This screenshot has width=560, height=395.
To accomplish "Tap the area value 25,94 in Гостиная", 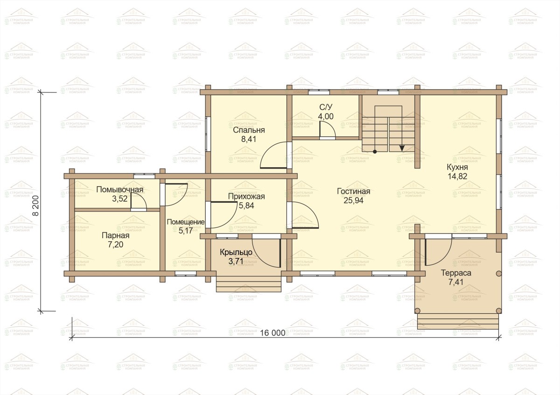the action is click(x=354, y=200).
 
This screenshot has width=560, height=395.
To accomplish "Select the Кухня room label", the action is click(x=457, y=167).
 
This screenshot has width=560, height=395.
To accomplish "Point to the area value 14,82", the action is click(x=457, y=176).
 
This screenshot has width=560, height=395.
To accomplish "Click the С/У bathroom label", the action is click(x=326, y=107).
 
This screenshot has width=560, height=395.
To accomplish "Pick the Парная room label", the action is click(x=116, y=235).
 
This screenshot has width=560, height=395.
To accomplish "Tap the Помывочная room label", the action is click(x=120, y=190).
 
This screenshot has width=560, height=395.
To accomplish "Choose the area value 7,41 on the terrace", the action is click(x=456, y=282).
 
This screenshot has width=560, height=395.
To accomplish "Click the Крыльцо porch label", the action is click(x=236, y=253).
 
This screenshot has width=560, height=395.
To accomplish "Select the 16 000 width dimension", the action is click(x=273, y=333).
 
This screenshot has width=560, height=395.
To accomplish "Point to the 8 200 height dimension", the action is click(x=36, y=205).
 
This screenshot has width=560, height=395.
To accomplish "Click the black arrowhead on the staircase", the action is click(x=402, y=148).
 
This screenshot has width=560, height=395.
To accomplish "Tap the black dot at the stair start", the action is click(x=374, y=152).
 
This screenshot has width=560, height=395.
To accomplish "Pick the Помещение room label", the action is click(x=186, y=222).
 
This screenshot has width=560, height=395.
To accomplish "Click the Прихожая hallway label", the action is click(x=246, y=197).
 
